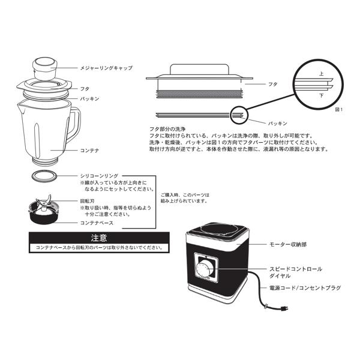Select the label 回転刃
(x=86, y=202)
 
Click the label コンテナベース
(x=97, y=223)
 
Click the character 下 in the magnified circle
(x=321, y=95)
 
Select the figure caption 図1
(x=338, y=110)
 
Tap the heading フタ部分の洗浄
(x=171, y=130)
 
